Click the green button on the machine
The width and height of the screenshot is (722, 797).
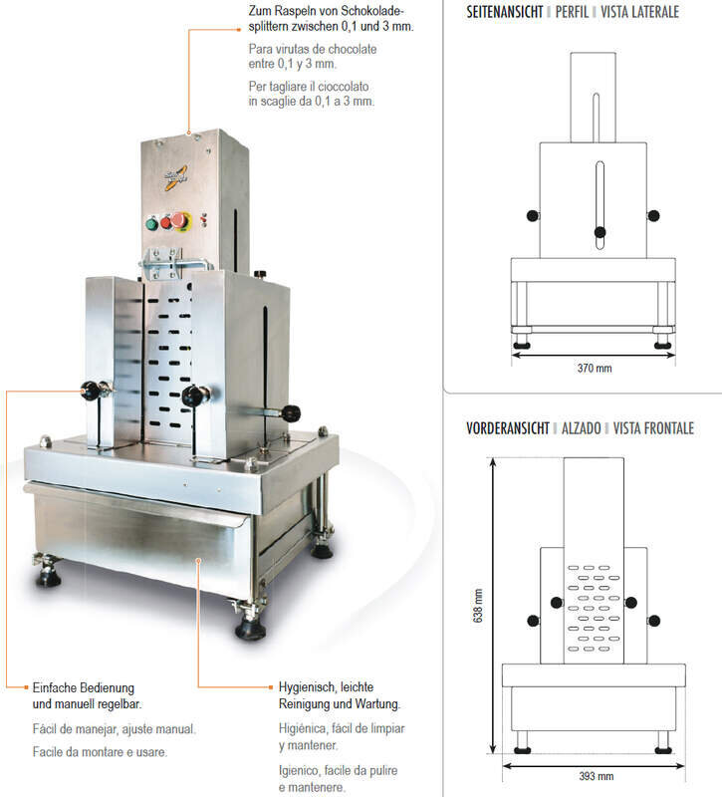pyautogui.click(x=151, y=223)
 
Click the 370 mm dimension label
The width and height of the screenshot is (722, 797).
pyautogui.click(x=595, y=368)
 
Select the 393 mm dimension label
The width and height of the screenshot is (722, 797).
pyautogui.click(x=596, y=776)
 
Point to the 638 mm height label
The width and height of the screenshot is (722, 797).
pyautogui.click(x=478, y=606)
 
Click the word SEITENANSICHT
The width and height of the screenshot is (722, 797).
pyautogui.click(x=505, y=12)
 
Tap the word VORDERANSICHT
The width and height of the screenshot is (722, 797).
pyautogui.click(x=508, y=428)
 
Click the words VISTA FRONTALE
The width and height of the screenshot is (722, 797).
pyautogui.click(x=653, y=428)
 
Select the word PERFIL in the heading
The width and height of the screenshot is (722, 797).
pyautogui.click(x=572, y=12)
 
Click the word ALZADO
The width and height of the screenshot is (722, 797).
pyautogui.click(x=582, y=428)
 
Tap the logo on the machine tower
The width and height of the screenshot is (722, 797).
pyautogui.click(x=176, y=178)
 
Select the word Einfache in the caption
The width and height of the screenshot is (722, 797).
pyautogui.click(x=56, y=687)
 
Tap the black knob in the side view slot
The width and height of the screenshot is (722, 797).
pyautogui.click(x=600, y=232)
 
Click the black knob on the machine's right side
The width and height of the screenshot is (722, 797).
pyautogui.click(x=291, y=412)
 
